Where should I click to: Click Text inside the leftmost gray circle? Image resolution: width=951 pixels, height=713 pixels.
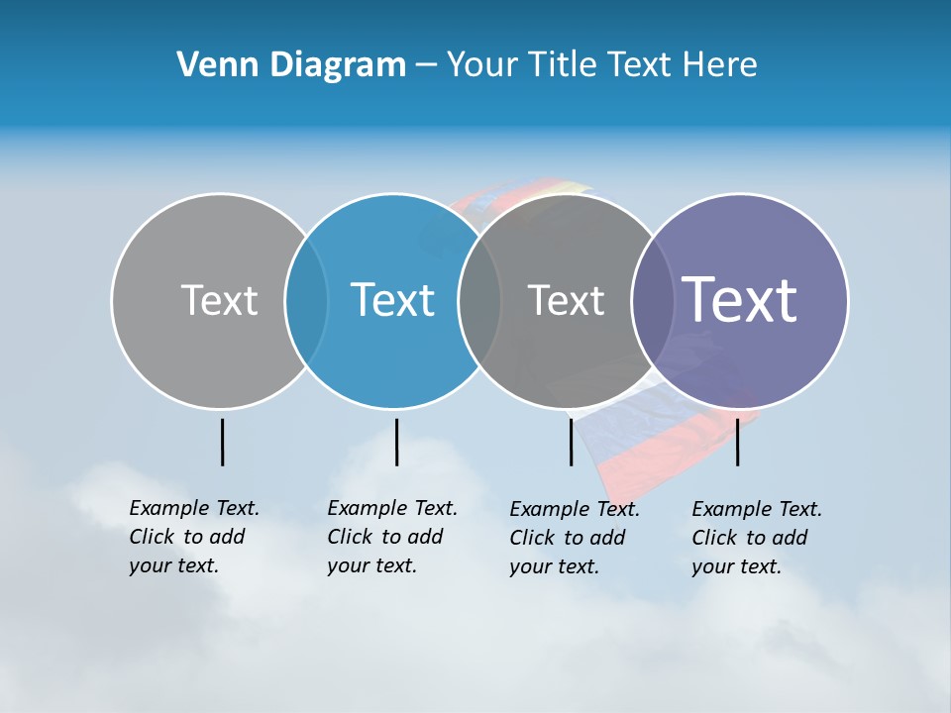tap(219, 300)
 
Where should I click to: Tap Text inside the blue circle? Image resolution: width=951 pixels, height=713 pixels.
tap(392, 300)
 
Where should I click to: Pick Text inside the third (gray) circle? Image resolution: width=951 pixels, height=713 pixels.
tap(566, 300)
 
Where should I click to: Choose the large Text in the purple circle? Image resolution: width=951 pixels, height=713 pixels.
tap(740, 299)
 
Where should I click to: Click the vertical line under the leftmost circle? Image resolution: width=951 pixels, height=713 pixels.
tap(222, 442)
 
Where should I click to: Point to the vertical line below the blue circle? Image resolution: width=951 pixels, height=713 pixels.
tap(396, 442)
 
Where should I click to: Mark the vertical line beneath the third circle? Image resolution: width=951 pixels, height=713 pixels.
tap(571, 442)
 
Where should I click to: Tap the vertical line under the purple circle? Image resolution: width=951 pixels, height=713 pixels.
tap(737, 442)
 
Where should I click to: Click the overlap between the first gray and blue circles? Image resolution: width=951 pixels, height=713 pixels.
tap(306, 301)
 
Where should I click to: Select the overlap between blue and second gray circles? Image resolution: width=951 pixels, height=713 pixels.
tap(479, 301)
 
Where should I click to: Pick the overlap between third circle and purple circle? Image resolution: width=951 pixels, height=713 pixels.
tap(650, 301)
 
